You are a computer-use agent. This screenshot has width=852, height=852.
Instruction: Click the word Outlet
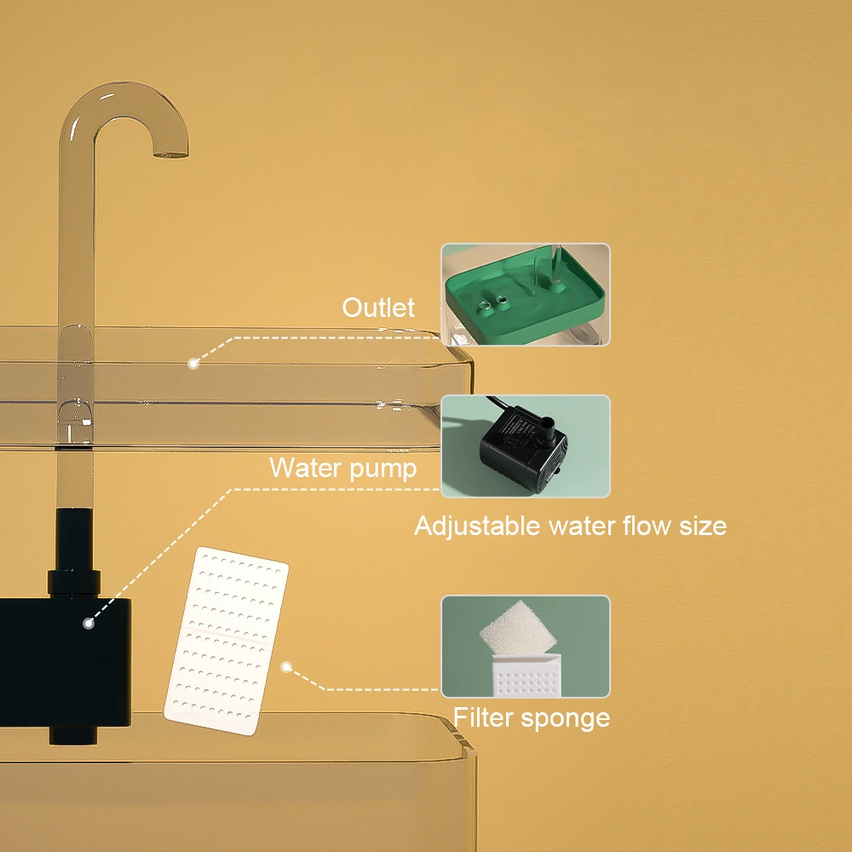pos(378,308)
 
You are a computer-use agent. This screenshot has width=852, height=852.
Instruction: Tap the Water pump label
pos(343,468)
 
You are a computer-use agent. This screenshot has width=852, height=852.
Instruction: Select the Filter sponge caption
pos(531,717)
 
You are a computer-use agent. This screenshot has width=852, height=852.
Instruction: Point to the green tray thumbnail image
pos(525,295)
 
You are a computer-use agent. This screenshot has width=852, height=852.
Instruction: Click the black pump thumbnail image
pos(525,446)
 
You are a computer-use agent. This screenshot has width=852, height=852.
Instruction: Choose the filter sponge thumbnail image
pos(525,646)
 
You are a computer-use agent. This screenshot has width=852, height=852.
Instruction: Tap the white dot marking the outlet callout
pos(193,364)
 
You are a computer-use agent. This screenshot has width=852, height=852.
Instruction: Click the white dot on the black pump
pos(88,624)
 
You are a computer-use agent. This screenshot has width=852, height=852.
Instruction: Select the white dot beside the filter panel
pos(287,668)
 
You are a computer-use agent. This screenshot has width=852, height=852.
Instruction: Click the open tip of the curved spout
pos(170,154)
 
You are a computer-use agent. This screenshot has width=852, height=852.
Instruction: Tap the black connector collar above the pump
pos(75,582)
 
